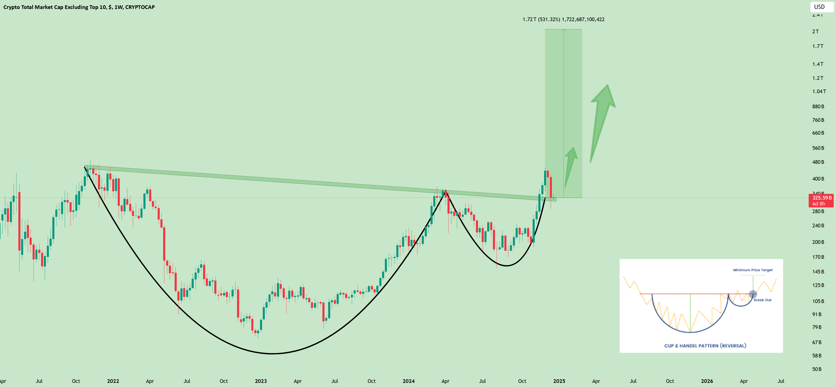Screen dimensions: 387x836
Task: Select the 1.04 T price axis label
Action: coord(819,92)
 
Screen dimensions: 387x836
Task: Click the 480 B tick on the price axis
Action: coord(818,162)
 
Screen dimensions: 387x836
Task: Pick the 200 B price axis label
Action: coord(818,242)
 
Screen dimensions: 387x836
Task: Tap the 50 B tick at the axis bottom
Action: coord(816,369)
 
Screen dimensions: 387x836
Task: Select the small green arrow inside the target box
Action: coord(570,165)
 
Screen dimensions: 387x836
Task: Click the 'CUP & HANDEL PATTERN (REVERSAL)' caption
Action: coord(705,346)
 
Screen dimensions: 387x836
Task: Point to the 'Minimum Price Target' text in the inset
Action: coord(753,270)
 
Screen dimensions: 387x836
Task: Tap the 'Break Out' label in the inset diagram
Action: coord(762,300)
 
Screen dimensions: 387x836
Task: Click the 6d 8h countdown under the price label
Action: coord(819,204)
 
